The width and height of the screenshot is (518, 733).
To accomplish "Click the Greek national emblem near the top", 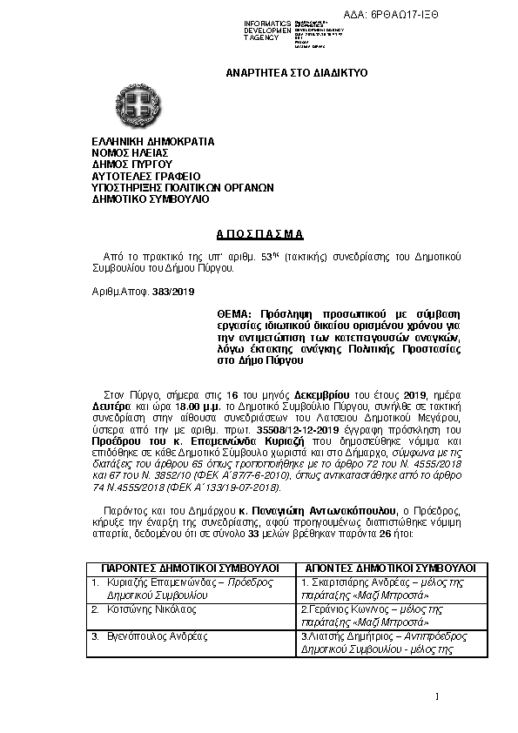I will pos(142,105).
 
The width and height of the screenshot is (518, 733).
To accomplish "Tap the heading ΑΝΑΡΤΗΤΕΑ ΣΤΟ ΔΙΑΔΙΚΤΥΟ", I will pos(297,73).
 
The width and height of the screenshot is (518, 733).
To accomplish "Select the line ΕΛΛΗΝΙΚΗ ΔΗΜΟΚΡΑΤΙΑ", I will pos(153,140).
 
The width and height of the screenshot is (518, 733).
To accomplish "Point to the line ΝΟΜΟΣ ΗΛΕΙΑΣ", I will pos(130,151).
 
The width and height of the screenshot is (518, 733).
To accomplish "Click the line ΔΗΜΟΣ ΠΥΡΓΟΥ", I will pos(131,163).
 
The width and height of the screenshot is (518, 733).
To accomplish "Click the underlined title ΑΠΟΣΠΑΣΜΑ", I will pos(259,235).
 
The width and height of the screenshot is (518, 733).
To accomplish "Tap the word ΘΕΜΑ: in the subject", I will pos(234,313).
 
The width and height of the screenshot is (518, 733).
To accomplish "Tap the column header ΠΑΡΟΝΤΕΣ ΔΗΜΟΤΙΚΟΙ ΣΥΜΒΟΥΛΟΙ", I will pos(190,567).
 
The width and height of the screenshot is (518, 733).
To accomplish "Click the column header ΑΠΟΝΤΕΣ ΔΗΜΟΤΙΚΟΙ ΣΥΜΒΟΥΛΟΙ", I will pos(387,567).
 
